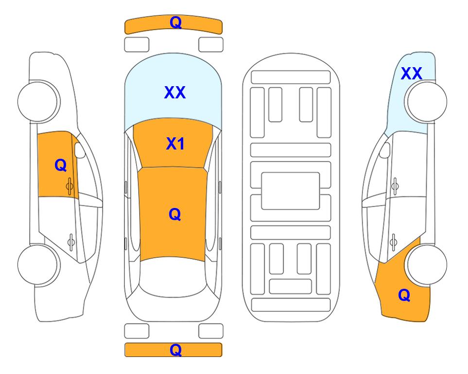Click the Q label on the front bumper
click(x=175, y=22)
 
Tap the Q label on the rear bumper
click(x=175, y=350)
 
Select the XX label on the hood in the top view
click(x=175, y=92)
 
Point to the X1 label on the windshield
click(x=175, y=144)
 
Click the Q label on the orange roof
click(x=174, y=214)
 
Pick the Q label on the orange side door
click(x=60, y=165)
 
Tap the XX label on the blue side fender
click(x=411, y=74)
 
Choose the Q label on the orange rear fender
click(x=404, y=295)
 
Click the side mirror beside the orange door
click(x=80, y=150)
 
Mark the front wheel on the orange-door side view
click(x=39, y=102)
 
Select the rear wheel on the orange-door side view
click(x=39, y=264)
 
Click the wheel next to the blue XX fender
click(x=426, y=102)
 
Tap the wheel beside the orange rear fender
click(x=426, y=264)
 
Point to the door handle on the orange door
click(x=69, y=186)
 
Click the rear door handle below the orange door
click(x=71, y=242)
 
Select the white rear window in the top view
click(x=173, y=278)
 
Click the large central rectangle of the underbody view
click(x=291, y=191)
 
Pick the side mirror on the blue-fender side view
click(x=385, y=150)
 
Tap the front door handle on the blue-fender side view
click(x=395, y=186)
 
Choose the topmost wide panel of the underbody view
click(x=291, y=77)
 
